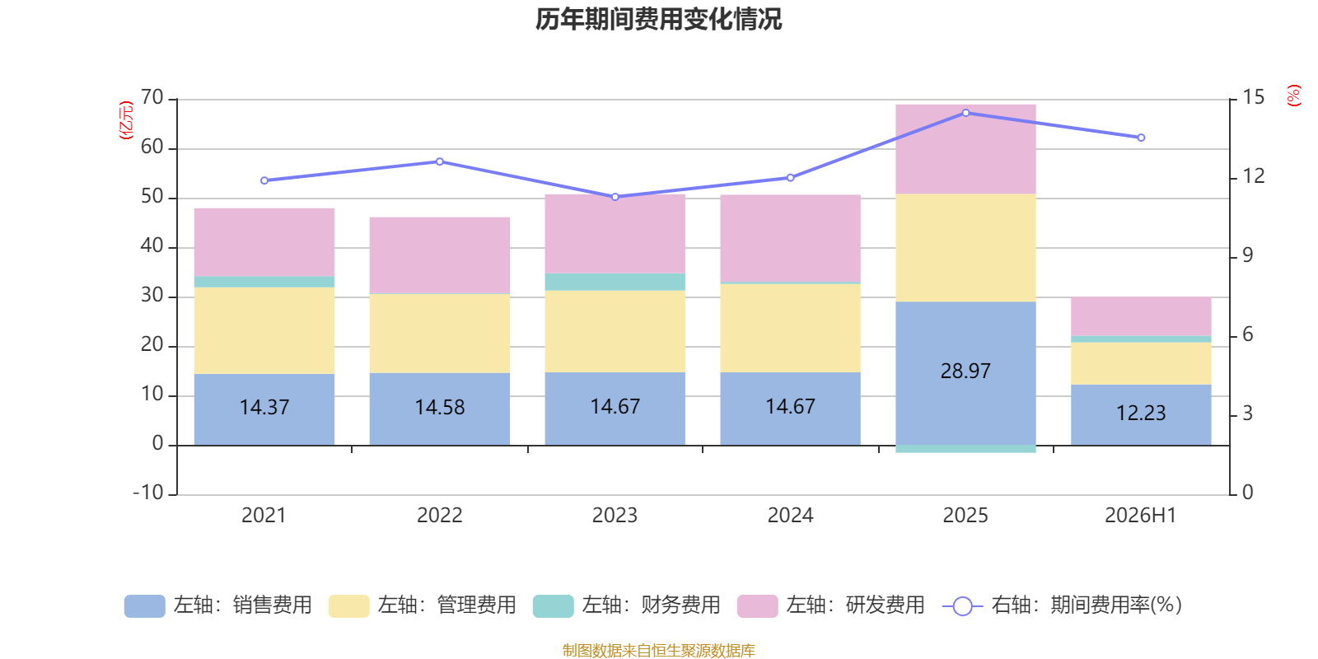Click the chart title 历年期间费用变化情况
pyautogui.click(x=658, y=19)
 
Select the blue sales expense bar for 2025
pyautogui.click(x=965, y=373)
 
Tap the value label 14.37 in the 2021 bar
pyautogui.click(x=264, y=407)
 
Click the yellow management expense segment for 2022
pyautogui.click(x=440, y=334)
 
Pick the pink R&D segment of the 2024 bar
pyautogui.click(x=790, y=238)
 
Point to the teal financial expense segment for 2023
pyautogui.click(x=615, y=282)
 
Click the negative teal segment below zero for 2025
pyautogui.click(x=965, y=449)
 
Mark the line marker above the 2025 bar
pyautogui.click(x=965, y=113)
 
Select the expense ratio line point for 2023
pyautogui.click(x=615, y=197)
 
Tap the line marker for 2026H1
pyautogui.click(x=1141, y=138)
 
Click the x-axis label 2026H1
pyautogui.click(x=1140, y=516)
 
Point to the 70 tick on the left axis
pyautogui.click(x=152, y=98)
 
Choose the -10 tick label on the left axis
pyautogui.click(x=148, y=493)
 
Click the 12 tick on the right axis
pyautogui.click(x=1253, y=176)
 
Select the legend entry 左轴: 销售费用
pyautogui.click(x=217, y=605)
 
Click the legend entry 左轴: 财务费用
pyautogui.click(x=626, y=605)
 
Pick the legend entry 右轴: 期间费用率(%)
pyautogui.click(x=1062, y=605)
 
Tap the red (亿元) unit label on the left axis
pyautogui.click(x=126, y=120)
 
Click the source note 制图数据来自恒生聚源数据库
pyautogui.click(x=658, y=650)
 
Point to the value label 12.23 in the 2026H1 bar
pyautogui.click(x=1141, y=413)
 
